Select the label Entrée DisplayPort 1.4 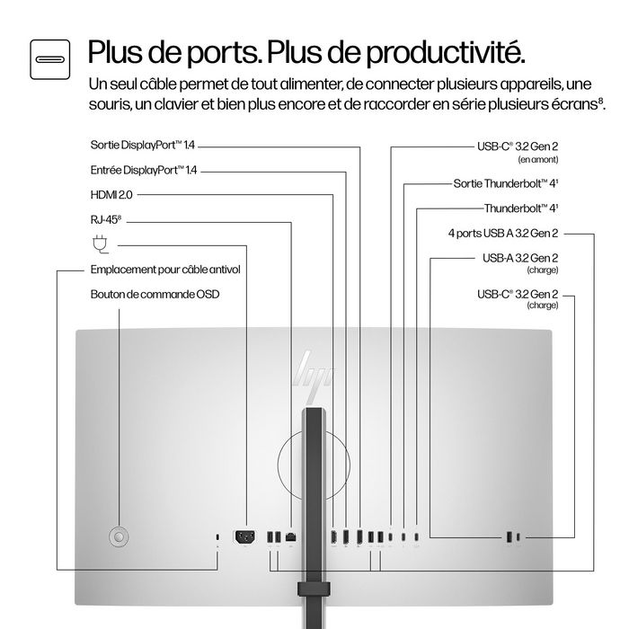pyautogui.click(x=144, y=169)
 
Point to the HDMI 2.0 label pyautogui.click(x=112, y=193)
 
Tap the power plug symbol pyautogui.click(x=99, y=243)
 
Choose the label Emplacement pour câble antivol pyautogui.click(x=165, y=270)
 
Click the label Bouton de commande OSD pyautogui.click(x=155, y=294)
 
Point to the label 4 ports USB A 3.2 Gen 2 pyautogui.click(x=503, y=234)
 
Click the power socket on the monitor pyautogui.click(x=244, y=537)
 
